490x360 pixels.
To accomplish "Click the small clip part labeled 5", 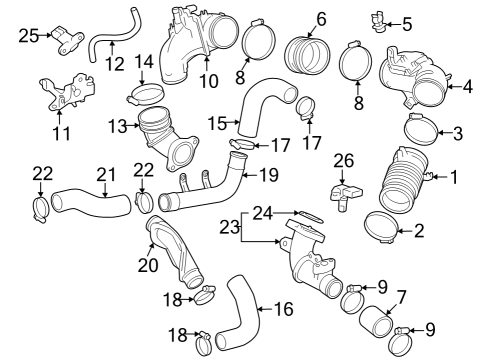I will (x=378, y=17).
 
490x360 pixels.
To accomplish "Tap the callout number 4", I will (x=467, y=86).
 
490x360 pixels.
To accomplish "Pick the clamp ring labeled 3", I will (x=424, y=128).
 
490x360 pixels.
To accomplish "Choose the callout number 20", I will (x=148, y=265).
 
